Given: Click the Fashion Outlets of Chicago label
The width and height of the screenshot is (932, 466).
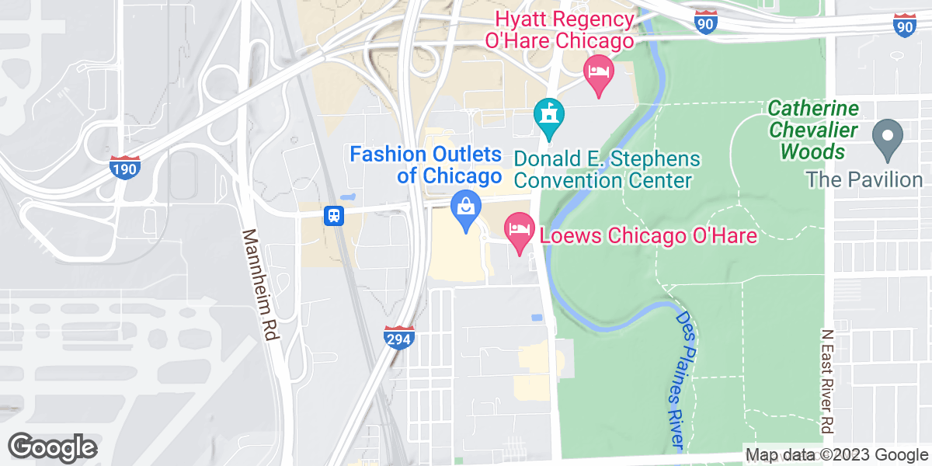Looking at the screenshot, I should click(426, 165).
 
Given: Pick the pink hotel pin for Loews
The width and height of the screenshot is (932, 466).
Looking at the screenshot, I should click(520, 229).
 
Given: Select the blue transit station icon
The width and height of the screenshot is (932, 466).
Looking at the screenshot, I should click(334, 215).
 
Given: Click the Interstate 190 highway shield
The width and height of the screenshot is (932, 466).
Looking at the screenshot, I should click(125, 168).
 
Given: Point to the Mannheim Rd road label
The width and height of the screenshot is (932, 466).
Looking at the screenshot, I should click(260, 284).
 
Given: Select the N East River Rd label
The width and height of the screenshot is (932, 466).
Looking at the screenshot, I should click(828, 381).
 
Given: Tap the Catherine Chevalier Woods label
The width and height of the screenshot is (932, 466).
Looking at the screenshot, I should click(814, 130).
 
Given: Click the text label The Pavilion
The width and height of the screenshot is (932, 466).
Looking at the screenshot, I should click(864, 180).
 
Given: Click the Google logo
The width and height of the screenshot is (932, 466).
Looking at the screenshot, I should click(53, 447).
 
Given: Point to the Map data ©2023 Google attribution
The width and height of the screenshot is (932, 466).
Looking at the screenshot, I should click(836, 455).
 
